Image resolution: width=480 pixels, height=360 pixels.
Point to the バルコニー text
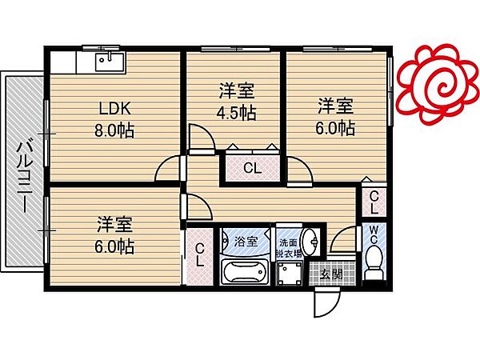(23, 174)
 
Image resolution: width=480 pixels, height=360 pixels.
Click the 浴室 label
(246, 240)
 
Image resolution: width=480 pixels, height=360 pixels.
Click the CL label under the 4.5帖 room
(251, 168)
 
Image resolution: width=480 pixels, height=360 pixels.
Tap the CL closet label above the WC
(374, 201)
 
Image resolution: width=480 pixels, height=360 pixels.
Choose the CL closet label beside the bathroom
(198, 255)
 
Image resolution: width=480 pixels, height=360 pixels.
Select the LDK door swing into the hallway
(168, 167)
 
